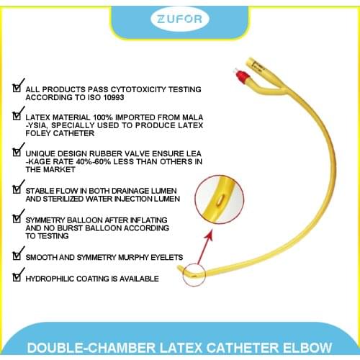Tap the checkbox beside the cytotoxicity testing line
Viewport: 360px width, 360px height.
pyautogui.click(x=17, y=87)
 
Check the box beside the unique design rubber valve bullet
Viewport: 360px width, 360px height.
pyautogui.click(x=17, y=151)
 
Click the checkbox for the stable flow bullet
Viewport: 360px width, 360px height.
pyautogui.click(x=17, y=189)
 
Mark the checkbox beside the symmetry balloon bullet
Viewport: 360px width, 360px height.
pyautogui.click(x=17, y=217)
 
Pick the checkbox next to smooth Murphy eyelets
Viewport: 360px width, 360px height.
pyautogui.click(x=17, y=255)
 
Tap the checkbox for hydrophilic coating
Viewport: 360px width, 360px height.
pyautogui.click(x=17, y=276)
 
